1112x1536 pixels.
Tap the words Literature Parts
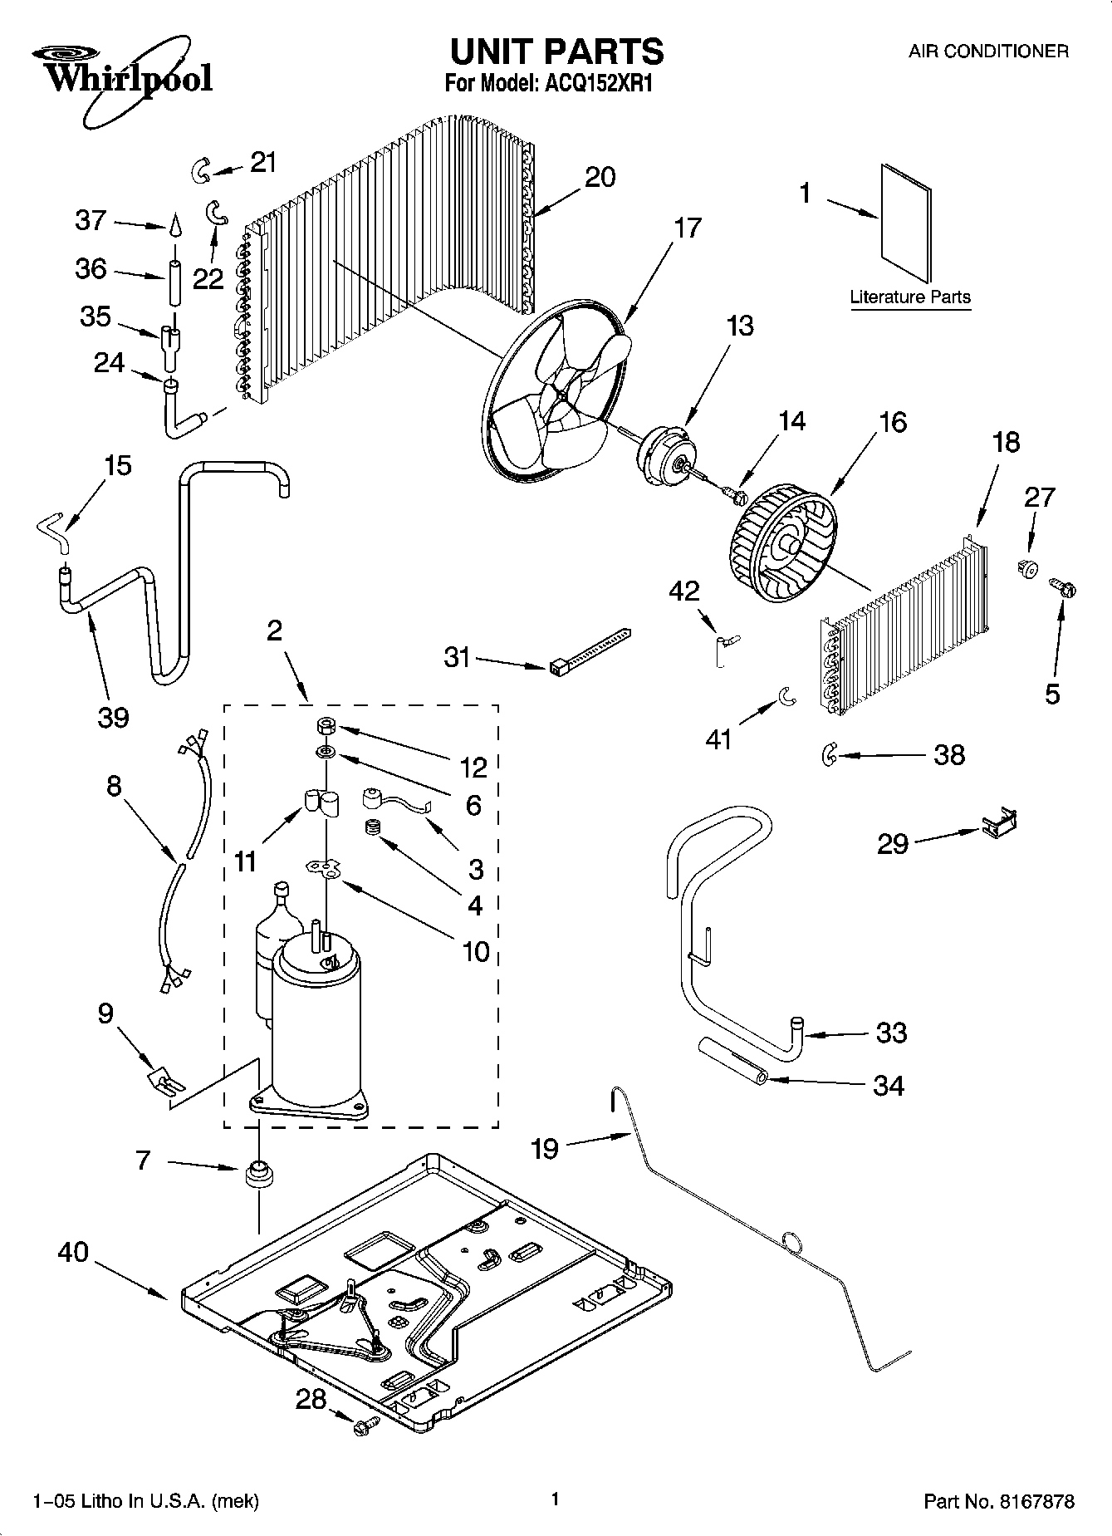910,297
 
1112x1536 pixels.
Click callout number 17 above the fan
688,227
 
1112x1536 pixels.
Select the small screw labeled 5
1064,587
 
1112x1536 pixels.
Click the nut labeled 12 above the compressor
325,726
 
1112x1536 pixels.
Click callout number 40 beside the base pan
73,1252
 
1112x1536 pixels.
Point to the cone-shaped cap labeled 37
176,226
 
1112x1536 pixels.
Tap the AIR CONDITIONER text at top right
987,52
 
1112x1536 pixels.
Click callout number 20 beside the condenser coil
600,177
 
